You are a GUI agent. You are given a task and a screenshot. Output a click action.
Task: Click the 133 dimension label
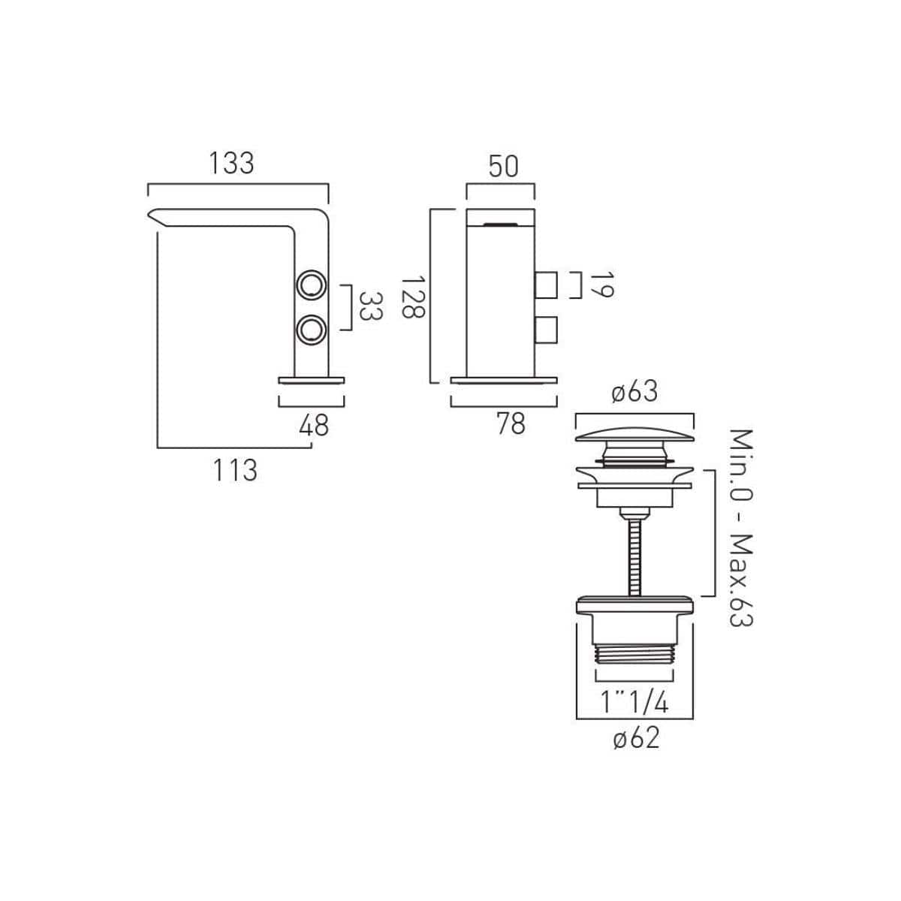(231, 163)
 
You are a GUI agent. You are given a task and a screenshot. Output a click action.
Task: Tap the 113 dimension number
(235, 470)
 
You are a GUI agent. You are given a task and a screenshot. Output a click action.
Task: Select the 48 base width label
(314, 425)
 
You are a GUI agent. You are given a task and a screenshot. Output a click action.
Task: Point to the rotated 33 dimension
(371, 306)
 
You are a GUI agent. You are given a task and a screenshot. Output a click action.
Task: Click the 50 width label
(503, 167)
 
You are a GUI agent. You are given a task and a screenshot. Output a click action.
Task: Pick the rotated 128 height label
(413, 297)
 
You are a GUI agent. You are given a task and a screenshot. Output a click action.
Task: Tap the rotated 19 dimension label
(601, 285)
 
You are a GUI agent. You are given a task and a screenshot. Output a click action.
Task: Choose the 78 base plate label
(511, 423)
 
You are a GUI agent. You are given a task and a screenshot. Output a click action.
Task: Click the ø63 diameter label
(634, 391)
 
